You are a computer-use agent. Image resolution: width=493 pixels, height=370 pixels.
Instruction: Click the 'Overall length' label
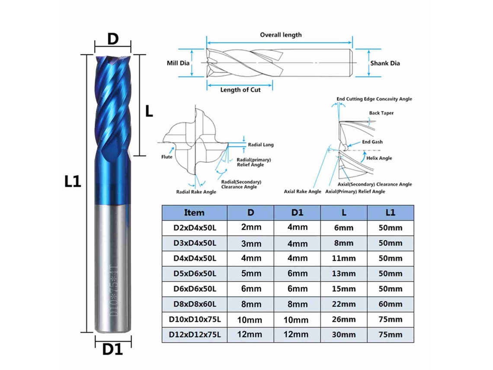click(281, 35)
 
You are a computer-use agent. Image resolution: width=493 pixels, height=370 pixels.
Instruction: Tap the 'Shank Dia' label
click(385, 63)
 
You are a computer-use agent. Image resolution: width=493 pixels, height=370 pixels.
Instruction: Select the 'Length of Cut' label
click(240, 90)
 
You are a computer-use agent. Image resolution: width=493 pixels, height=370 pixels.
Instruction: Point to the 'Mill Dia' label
click(178, 63)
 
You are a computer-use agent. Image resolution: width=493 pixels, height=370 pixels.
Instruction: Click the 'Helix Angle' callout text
click(379, 158)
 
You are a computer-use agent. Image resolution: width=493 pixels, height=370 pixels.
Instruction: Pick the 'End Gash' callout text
click(372, 142)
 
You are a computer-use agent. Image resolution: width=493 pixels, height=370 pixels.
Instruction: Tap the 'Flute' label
click(166, 157)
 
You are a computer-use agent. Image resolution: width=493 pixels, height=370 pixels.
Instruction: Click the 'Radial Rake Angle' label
click(196, 192)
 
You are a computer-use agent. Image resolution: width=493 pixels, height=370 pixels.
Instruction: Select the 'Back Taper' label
click(381, 113)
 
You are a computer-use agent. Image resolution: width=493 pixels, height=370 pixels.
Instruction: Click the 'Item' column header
click(194, 212)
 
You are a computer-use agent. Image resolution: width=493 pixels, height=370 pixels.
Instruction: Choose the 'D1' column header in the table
click(297, 212)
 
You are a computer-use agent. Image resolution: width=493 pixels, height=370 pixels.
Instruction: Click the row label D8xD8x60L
click(195, 304)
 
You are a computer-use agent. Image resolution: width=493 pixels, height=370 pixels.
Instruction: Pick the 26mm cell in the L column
click(344, 319)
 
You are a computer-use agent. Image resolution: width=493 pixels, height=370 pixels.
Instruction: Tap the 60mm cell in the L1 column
click(390, 304)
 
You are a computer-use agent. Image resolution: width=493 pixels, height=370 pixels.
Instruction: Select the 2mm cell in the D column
click(251, 227)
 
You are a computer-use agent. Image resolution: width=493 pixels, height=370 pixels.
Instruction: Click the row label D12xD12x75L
click(195, 335)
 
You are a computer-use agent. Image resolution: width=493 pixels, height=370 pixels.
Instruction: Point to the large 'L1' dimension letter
click(73, 181)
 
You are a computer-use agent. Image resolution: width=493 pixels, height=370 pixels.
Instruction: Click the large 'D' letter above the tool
click(113, 39)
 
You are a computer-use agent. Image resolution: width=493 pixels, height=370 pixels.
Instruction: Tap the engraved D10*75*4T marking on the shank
click(113, 291)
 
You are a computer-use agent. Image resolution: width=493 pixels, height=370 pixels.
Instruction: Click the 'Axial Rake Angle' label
click(302, 191)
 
